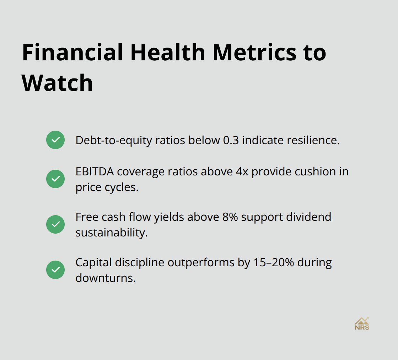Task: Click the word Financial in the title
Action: pyautogui.click(x=72, y=52)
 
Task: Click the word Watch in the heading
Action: pyautogui.click(x=57, y=83)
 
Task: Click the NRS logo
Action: pyautogui.click(x=362, y=324)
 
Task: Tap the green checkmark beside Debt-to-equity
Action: pyautogui.click(x=55, y=140)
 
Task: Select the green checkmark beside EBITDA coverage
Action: pyautogui.click(x=55, y=179)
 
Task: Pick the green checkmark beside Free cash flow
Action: pyautogui.click(x=55, y=224)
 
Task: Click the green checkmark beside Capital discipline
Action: pyautogui.click(x=55, y=270)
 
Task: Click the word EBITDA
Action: pyautogui.click(x=94, y=171)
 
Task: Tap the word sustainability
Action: pyautogui.click(x=111, y=233)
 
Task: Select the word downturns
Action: pyautogui.click(x=105, y=278)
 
